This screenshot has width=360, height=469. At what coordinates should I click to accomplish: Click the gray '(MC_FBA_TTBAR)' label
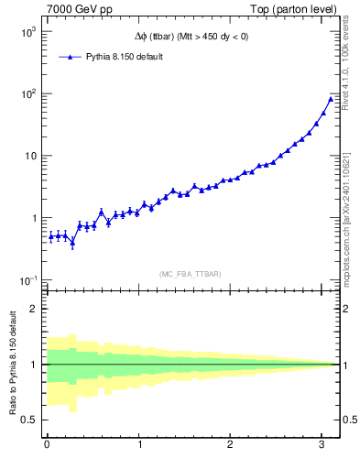[x=189, y=274]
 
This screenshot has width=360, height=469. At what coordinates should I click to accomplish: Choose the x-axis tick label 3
[x=323, y=446]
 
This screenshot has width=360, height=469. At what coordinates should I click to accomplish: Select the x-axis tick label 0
[x=47, y=446]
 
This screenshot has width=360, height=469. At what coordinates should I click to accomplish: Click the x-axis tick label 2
[x=231, y=446]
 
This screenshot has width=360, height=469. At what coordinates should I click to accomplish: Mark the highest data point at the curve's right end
[x=331, y=98]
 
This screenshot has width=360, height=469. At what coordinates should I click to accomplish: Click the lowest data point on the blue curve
[x=72, y=243]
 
